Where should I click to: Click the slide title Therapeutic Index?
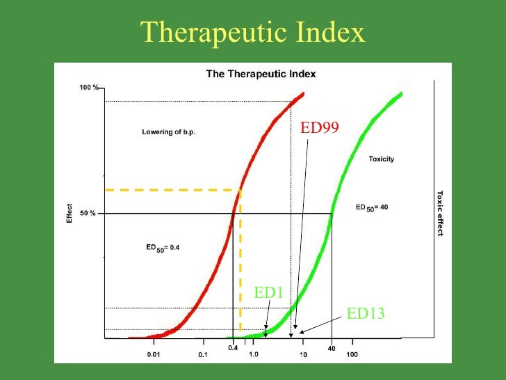pyautogui.click(x=253, y=32)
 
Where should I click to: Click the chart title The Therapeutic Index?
pyautogui.click(x=261, y=74)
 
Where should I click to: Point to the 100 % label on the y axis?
pyautogui.click(x=89, y=88)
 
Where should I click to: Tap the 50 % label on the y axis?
pyautogui.click(x=88, y=213)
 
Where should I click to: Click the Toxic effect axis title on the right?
pyautogui.click(x=439, y=213)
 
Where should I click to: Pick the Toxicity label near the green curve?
pyautogui.click(x=381, y=159)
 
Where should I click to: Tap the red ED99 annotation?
pyautogui.click(x=319, y=127)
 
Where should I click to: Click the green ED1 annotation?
pyautogui.click(x=268, y=293)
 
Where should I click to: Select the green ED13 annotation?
pyautogui.click(x=366, y=314)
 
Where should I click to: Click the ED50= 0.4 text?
pyautogui.click(x=163, y=247)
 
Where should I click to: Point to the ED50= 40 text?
pyautogui.click(x=372, y=207)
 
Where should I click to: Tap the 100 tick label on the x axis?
pyautogui.click(x=352, y=355)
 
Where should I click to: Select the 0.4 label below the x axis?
pyautogui.click(x=233, y=347)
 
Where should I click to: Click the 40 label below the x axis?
pyautogui.click(x=332, y=349)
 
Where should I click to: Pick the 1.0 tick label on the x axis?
pyautogui.click(x=253, y=355)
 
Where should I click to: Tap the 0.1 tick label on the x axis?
pyautogui.click(x=202, y=355)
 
